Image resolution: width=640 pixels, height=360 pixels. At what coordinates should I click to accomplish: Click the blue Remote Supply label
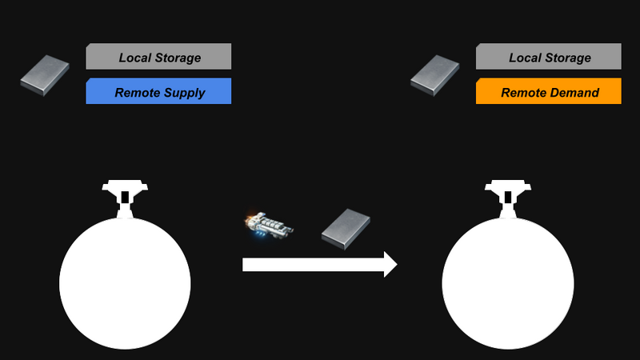pos(158,91)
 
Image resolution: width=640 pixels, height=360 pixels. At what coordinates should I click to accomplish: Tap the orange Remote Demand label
pos(549,91)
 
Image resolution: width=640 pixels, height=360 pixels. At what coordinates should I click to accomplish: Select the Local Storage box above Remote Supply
pos(158,56)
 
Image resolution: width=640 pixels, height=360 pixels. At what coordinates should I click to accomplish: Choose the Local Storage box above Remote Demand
pos(549,56)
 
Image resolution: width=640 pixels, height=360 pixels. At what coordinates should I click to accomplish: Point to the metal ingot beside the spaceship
pos(346,229)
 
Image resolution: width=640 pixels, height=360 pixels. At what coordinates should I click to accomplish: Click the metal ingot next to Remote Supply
pos(45,75)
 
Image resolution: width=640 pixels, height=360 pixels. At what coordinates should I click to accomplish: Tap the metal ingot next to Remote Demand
pos(434,75)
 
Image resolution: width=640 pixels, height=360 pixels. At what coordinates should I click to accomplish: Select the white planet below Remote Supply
pos(125,283)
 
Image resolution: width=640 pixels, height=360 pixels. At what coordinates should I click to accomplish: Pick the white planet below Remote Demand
pos(508,283)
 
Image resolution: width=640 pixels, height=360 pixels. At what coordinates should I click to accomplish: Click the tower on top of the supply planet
pos(125,198)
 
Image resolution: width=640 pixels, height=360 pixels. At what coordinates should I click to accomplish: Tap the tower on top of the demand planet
pos(508,198)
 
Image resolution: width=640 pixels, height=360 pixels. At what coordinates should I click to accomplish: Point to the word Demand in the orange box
pos(574,93)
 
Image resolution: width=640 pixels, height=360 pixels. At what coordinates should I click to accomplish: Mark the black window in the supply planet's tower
pos(125,197)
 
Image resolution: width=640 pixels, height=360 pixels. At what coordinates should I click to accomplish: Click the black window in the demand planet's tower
pos(508,197)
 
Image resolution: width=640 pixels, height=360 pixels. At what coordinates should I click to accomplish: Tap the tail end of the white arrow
pos(243,265)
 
